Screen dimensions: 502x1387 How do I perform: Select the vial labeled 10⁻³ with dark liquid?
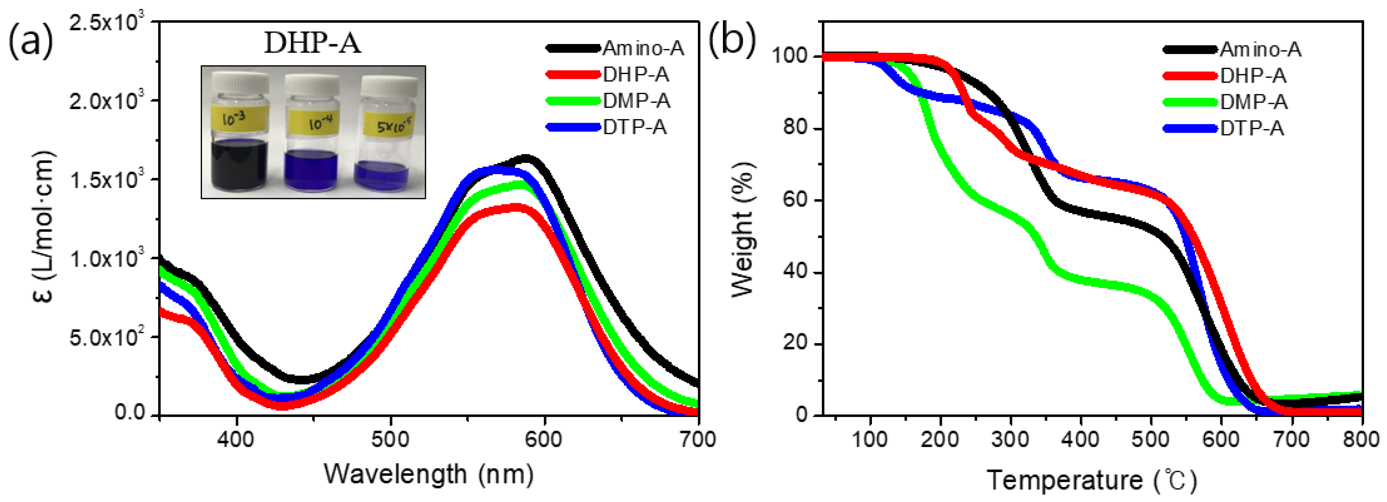tap(239, 134)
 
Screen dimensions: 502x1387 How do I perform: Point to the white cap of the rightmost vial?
tap(388, 86)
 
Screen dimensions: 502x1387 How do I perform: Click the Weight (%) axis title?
tap(743, 229)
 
